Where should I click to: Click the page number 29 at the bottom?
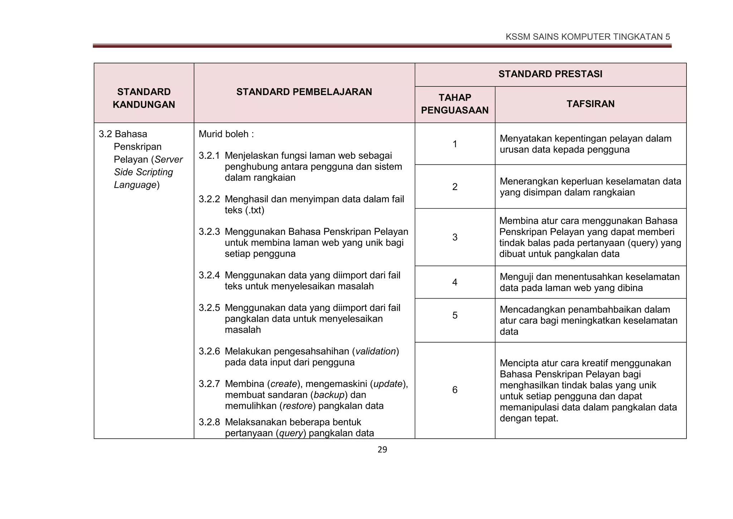pos(382,450)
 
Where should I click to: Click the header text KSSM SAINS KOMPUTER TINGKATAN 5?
pos(587,37)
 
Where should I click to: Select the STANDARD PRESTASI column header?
pos(550,74)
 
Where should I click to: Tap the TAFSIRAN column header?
pos(590,104)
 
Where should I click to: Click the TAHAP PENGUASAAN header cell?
pos(455,104)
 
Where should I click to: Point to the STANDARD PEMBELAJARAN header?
pos(304,92)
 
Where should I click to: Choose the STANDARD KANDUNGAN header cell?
pos(144,98)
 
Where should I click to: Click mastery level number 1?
pos(455,144)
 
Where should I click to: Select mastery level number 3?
pos(455,237)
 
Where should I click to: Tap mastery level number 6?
pos(455,390)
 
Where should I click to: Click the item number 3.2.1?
pos(209,156)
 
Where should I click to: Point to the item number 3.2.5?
pos(209,308)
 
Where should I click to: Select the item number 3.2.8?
pos(209,422)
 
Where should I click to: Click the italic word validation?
pos(375,351)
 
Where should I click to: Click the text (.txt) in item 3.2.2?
pos(254,210)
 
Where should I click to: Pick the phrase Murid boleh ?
pos(226,134)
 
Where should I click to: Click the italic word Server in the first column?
pos(169,159)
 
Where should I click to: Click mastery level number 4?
pos(455,282)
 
